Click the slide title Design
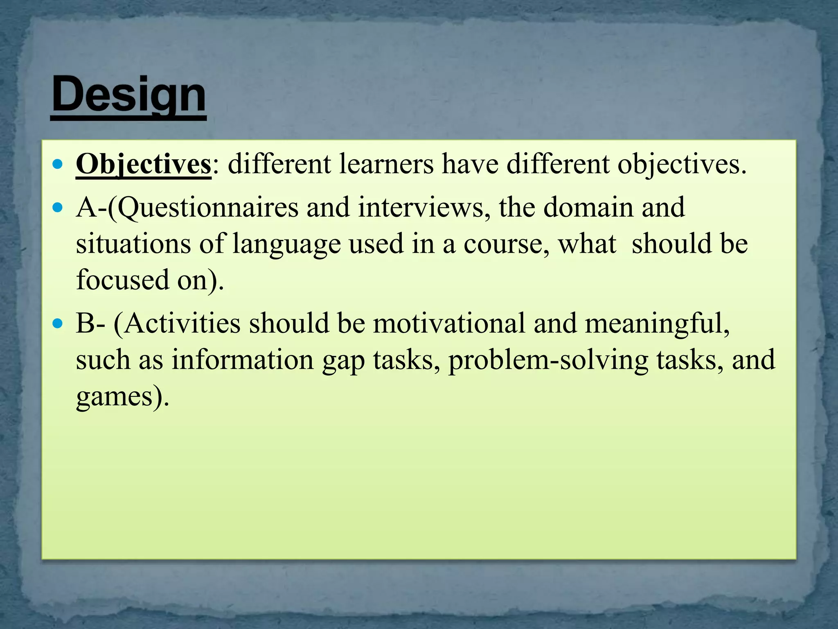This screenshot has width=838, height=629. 128,95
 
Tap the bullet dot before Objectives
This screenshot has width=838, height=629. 59,165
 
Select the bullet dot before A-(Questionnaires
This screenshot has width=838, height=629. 59,208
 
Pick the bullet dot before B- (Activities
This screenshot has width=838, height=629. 59,324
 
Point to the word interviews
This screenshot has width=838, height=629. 424,208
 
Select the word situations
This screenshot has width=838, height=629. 133,244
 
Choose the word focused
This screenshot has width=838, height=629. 122,281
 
